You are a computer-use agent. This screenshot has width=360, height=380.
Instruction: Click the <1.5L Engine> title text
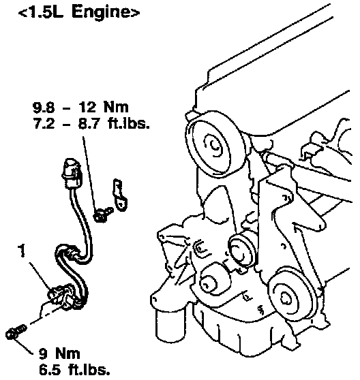[x=79, y=12]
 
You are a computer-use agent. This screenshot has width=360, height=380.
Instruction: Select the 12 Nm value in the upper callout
[x=103, y=107]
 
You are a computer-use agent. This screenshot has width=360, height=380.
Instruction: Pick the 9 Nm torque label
[x=59, y=353]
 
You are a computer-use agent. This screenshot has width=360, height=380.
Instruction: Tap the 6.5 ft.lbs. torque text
[x=74, y=370]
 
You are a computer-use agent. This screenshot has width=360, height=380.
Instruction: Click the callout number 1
[x=22, y=251]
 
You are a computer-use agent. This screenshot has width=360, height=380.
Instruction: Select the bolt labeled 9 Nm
[x=16, y=332]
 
